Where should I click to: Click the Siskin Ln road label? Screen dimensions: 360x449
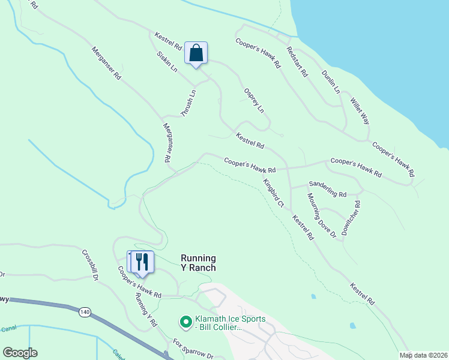coord(167,61)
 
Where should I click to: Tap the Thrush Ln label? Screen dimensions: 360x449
coord(188,103)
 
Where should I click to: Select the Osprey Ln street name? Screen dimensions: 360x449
coord(253,100)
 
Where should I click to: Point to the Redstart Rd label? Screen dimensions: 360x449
coord(297,62)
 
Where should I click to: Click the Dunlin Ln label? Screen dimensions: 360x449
coord(330,82)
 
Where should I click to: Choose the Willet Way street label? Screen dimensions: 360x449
coord(360,111)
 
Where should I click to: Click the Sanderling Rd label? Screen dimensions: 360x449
coord(327,190)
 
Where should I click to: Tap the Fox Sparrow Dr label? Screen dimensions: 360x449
coord(193,349)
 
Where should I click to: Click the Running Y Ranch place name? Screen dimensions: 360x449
coord(198,263)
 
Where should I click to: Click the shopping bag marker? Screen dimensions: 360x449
coord(196,53)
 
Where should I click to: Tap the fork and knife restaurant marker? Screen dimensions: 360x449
coord(142,262)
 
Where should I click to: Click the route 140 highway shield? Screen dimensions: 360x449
coord(85,311)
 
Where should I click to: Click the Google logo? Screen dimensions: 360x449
coord(20,353)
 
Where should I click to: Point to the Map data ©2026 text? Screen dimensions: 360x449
coord(423,355)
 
